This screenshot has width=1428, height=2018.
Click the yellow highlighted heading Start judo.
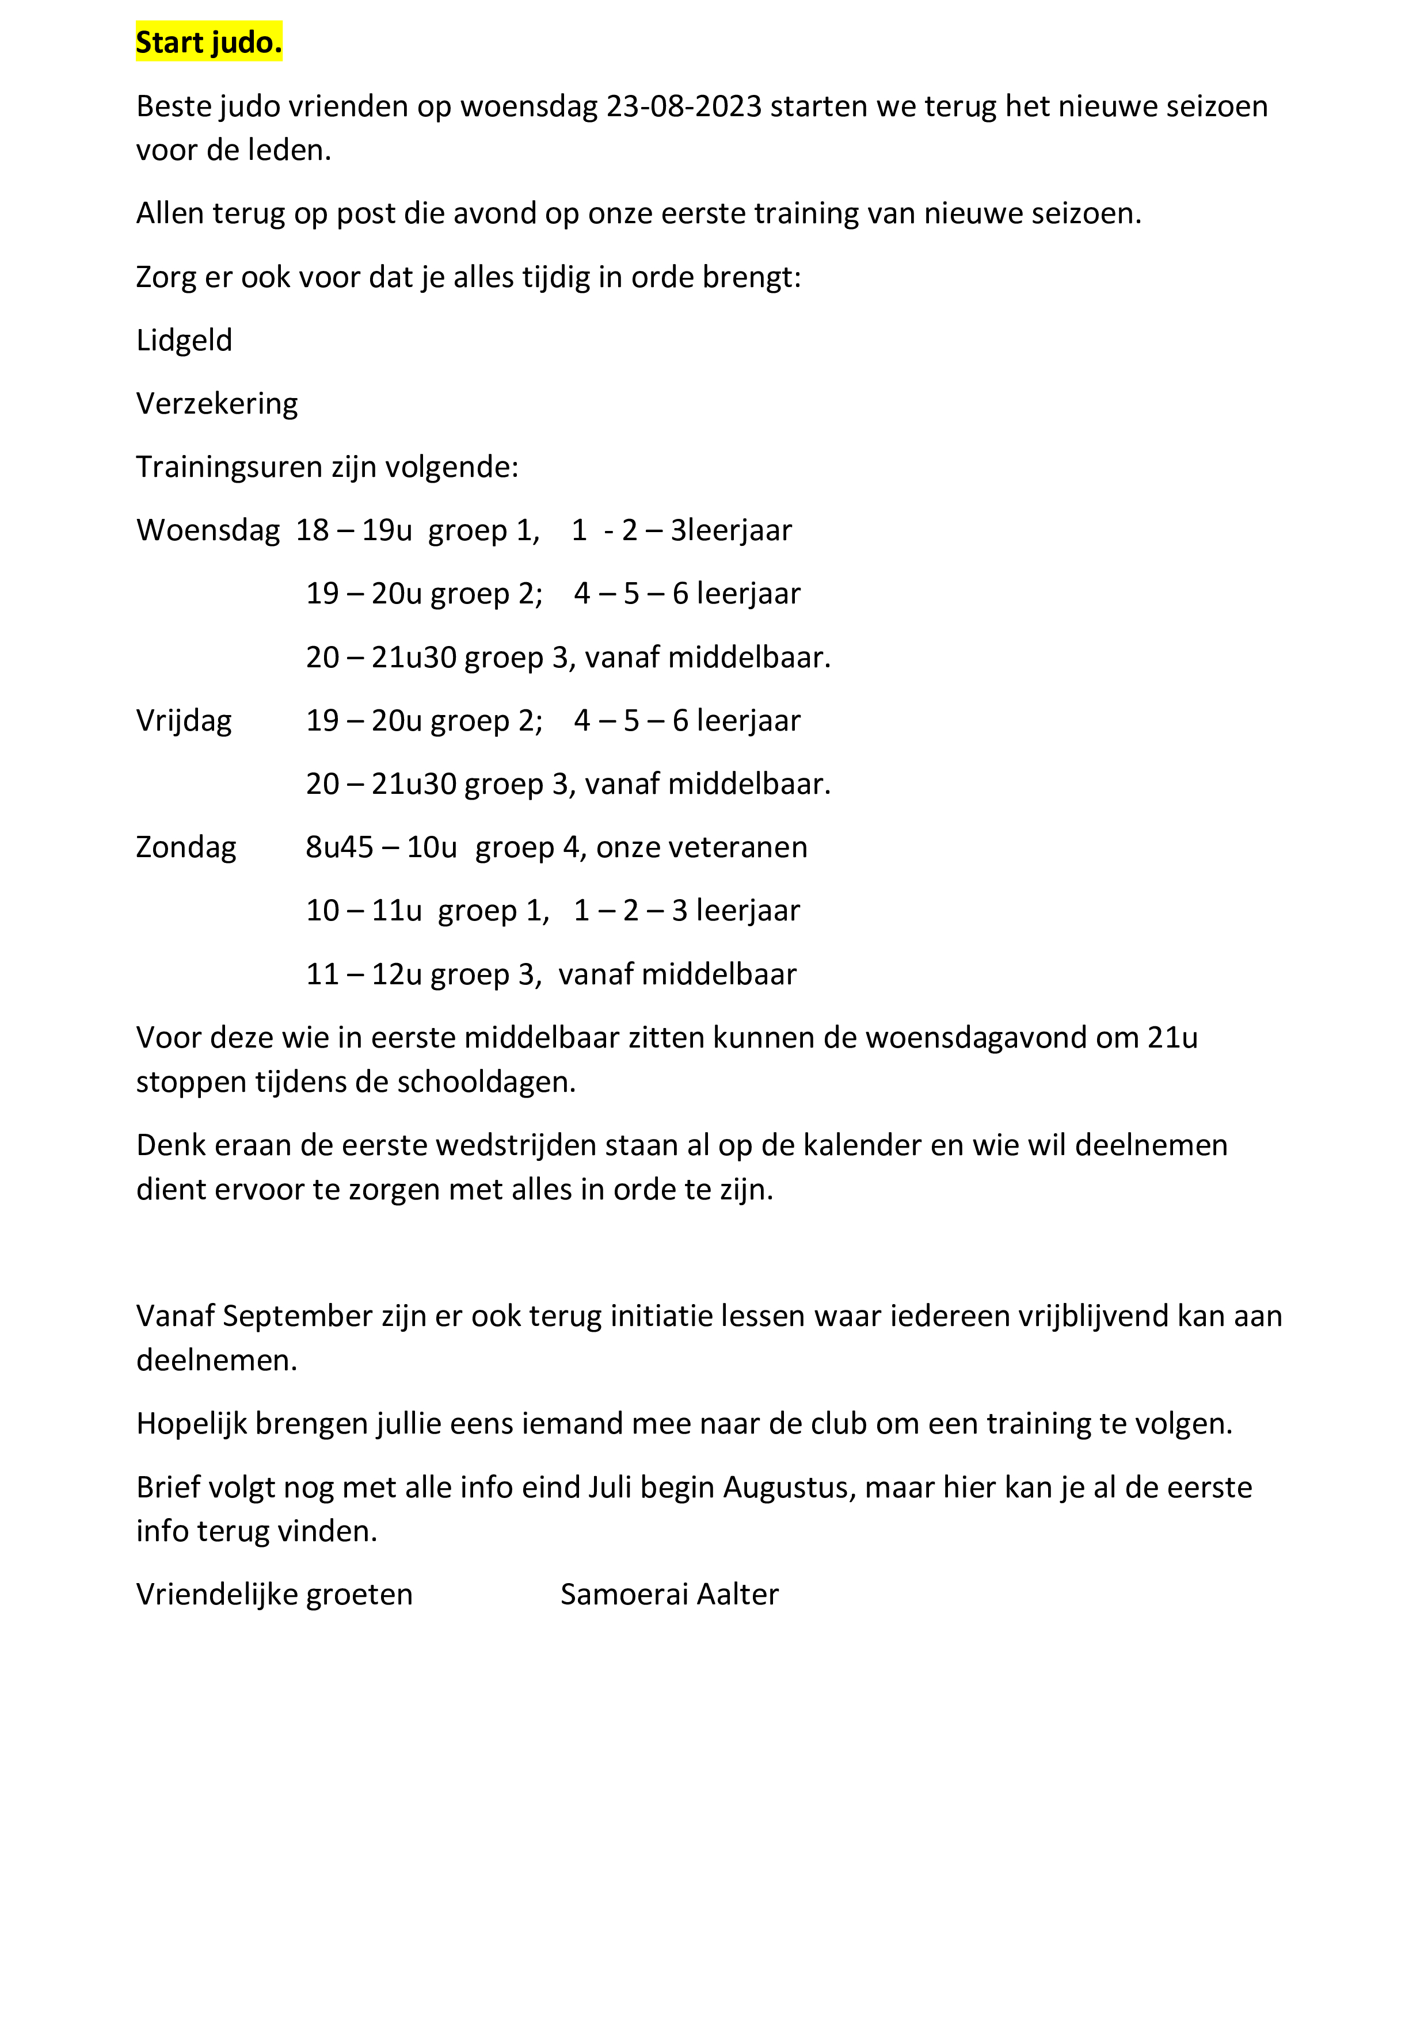208,42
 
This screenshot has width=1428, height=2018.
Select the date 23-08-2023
683,106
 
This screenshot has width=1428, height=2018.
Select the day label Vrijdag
184,721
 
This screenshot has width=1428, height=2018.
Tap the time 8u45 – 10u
380,847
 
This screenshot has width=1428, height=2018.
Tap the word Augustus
788,1487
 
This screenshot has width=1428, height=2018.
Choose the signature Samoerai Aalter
669,1595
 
